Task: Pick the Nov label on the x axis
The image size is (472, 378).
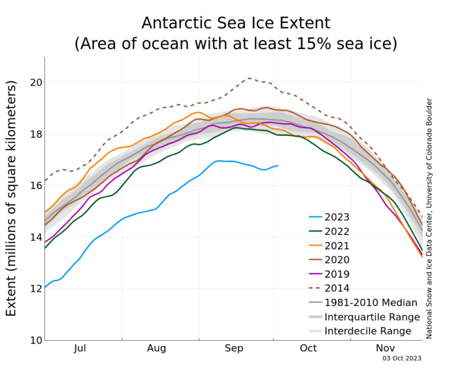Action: pyautogui.click(x=386, y=348)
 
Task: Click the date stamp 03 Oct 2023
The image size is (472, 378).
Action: pyautogui.click(x=401, y=358)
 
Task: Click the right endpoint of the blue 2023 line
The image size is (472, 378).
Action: pyautogui.click(x=278, y=165)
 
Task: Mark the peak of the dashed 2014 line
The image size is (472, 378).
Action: pyautogui.click(x=248, y=78)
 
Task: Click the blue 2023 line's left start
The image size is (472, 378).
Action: pyautogui.click(x=45, y=287)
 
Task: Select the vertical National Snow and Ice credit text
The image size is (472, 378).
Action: pyautogui.click(x=429, y=219)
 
